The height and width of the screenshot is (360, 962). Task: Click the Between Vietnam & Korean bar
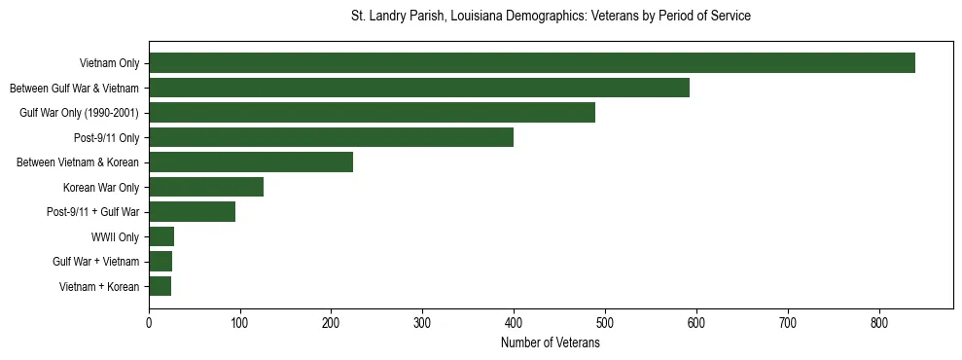point(251,162)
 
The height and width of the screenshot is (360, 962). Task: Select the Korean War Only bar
point(206,187)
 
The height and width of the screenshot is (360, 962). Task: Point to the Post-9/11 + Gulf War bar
point(192,212)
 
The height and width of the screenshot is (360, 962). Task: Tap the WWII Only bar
point(161,236)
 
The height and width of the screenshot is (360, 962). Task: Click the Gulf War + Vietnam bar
point(160,262)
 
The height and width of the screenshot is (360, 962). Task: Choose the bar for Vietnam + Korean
point(160,286)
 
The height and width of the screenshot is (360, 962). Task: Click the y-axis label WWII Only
point(115,237)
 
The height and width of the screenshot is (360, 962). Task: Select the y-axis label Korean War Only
point(101,188)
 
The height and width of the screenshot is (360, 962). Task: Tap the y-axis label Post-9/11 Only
point(107,138)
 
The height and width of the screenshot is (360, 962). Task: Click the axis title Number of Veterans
point(551,343)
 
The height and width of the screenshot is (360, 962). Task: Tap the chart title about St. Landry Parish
point(551,17)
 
